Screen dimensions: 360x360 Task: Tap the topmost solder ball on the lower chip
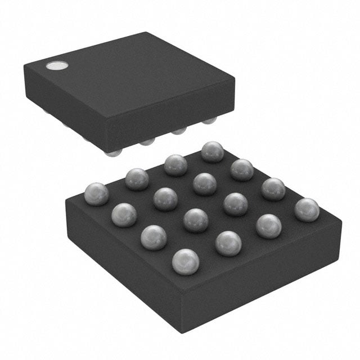(x=213, y=152)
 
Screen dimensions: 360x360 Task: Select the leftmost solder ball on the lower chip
(x=96, y=193)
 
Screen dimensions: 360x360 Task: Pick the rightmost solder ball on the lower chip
(x=307, y=209)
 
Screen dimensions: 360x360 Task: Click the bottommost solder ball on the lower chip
(x=186, y=262)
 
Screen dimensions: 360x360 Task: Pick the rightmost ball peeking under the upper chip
(x=209, y=120)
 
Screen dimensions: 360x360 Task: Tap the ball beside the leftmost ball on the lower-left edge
(x=124, y=215)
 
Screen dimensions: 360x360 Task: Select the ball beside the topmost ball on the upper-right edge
(x=242, y=169)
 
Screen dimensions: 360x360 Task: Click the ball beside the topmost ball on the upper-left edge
(x=175, y=165)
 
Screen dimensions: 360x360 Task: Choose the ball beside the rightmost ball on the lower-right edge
(x=269, y=226)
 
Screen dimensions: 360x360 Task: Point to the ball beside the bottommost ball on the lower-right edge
(x=228, y=243)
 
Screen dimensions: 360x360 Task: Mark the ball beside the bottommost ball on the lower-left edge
(x=154, y=237)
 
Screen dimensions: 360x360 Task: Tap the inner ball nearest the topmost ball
(x=204, y=183)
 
